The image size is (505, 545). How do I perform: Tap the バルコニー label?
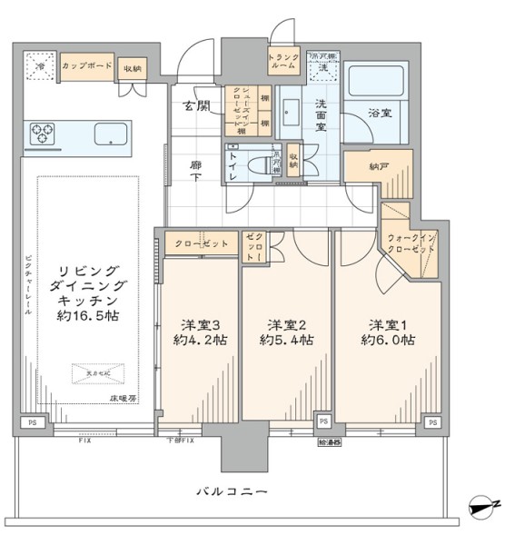(x=233, y=491)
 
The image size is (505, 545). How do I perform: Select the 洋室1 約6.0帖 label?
(x=391, y=332)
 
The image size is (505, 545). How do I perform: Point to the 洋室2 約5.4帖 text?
(x=286, y=332)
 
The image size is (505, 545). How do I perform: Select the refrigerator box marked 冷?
(x=39, y=67)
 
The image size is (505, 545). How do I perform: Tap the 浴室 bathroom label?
(x=380, y=114)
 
